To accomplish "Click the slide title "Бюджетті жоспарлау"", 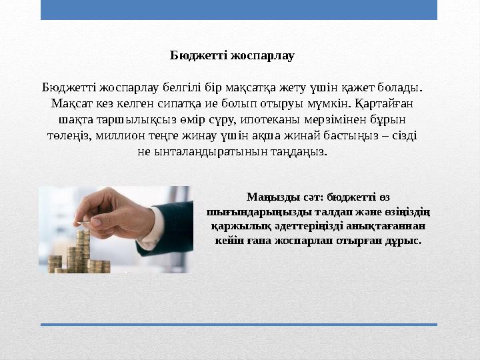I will tap(232, 55).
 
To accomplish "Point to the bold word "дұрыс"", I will tap(406, 241).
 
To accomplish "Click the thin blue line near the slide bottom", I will tap(239, 325).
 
